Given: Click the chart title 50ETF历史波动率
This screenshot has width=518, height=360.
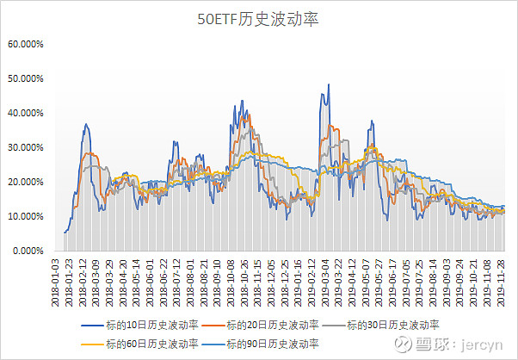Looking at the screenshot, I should pyautogui.click(x=258, y=20).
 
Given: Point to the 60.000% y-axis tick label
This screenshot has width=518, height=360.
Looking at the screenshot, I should pyautogui.click(x=26, y=43).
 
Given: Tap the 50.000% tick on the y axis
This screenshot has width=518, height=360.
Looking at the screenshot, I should pyautogui.click(x=26, y=78).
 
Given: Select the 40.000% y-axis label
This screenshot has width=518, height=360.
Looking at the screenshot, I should pyautogui.click(x=26, y=113).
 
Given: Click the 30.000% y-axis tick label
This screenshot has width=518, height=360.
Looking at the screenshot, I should pyautogui.click(x=26, y=147).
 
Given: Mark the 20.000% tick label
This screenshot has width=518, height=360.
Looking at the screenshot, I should pyautogui.click(x=26, y=182).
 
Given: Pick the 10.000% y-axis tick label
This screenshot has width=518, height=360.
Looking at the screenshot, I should pyautogui.click(x=26, y=216).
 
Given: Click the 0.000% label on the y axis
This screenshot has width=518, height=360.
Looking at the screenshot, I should pyautogui.click(x=28, y=251).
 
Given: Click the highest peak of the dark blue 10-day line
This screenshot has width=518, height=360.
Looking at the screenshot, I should pyautogui.click(x=328, y=84).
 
